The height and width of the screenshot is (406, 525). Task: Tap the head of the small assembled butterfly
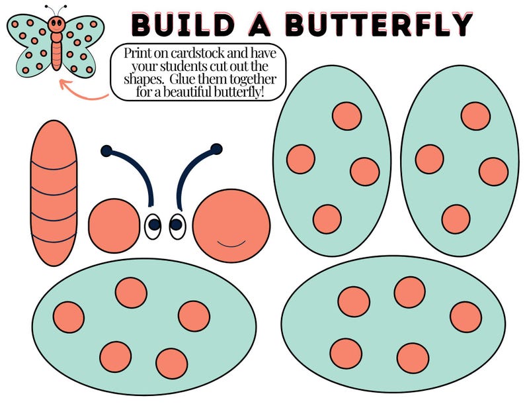coord(56,25)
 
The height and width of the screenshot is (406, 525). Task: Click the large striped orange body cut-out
coord(54,193)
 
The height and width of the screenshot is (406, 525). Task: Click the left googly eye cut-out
coord(153,225)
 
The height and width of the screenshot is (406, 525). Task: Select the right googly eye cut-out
coord(177,225)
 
